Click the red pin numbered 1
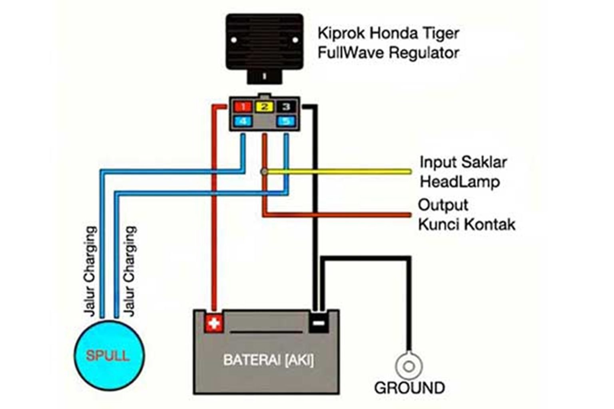click(243, 107)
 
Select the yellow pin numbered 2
click(265, 107)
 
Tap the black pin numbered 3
click(286, 107)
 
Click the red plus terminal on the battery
click(214, 323)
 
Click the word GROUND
click(409, 388)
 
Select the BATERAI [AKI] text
click(268, 360)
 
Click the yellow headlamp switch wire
click(340, 172)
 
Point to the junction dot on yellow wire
click(264, 172)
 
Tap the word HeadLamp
click(460, 182)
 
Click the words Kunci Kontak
click(466, 224)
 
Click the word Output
click(443, 205)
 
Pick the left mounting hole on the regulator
click(234, 40)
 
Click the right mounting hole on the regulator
click(295, 40)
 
